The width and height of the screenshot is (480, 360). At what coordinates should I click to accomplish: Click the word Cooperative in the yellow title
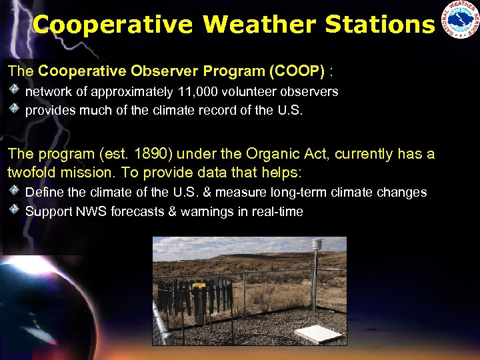coord(113,25)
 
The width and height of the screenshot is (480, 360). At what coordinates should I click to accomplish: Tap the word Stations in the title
coord(379,25)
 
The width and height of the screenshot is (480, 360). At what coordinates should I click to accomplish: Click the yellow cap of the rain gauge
coord(199,285)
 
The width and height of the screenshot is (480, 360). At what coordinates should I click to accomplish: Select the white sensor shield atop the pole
coord(317,244)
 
